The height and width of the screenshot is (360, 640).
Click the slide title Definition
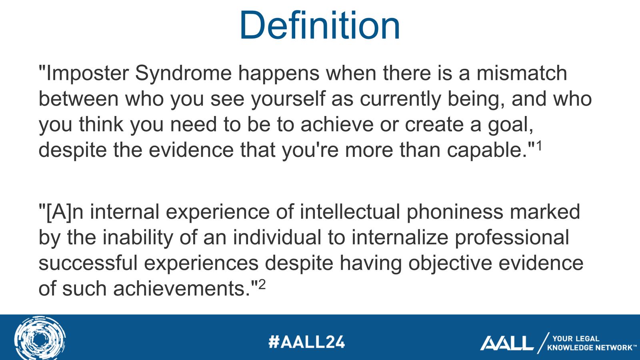click(320, 26)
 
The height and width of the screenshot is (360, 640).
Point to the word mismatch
click(522, 74)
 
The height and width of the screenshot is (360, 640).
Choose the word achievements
click(182, 289)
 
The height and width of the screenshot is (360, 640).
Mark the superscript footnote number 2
click(262, 284)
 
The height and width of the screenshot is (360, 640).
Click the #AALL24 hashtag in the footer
click(306, 342)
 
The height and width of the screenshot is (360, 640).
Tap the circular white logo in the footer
click(40, 338)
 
